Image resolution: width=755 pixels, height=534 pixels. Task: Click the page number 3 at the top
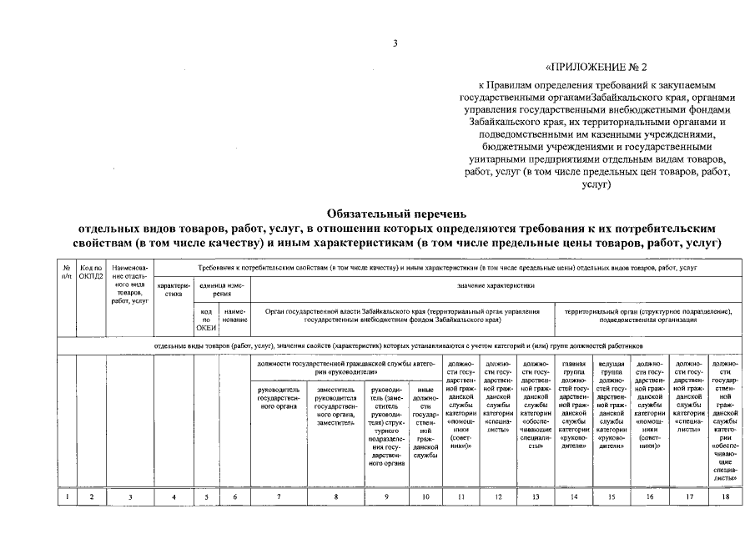pos(395,43)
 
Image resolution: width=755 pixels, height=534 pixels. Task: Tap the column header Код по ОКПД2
pos(92,271)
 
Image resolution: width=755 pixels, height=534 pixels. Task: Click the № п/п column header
pos(66,271)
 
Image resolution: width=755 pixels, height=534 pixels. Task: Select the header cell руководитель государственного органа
pos(279,396)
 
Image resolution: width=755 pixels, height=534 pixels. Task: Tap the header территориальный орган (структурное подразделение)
pos(648,315)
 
